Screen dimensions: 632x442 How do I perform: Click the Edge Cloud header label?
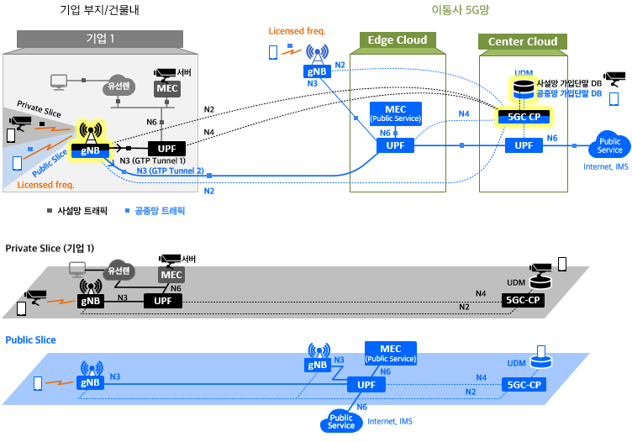[x=398, y=40]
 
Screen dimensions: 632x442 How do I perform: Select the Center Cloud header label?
[x=523, y=41]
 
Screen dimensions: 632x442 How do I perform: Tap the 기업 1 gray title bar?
[x=100, y=39]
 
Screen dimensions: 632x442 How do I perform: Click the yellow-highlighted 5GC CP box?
[x=524, y=117]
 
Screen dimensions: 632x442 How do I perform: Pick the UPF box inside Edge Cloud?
[x=395, y=145]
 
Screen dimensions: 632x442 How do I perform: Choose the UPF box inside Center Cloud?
[x=524, y=145]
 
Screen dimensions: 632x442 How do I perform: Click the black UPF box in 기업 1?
[x=167, y=149]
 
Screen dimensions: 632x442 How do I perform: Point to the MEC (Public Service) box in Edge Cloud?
[x=395, y=113]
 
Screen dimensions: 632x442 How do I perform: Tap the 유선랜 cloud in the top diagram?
[x=118, y=86]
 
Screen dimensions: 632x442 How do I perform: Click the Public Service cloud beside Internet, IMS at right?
[x=609, y=145]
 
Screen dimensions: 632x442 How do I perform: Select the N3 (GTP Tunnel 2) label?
[x=170, y=171]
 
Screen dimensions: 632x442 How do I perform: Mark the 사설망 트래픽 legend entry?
[x=77, y=211]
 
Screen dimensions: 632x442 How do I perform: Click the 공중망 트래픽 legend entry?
[x=155, y=211]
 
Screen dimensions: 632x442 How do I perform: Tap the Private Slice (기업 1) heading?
[x=50, y=248]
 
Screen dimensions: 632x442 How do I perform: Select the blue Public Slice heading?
[x=30, y=340]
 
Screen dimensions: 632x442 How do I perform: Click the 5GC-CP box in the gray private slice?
[x=523, y=300]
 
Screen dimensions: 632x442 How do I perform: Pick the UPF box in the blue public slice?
[x=366, y=385]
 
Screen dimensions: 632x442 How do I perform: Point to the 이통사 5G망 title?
[x=461, y=10]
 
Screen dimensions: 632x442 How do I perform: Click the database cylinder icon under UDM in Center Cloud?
[x=524, y=89]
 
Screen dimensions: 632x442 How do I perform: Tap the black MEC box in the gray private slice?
[x=171, y=275]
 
